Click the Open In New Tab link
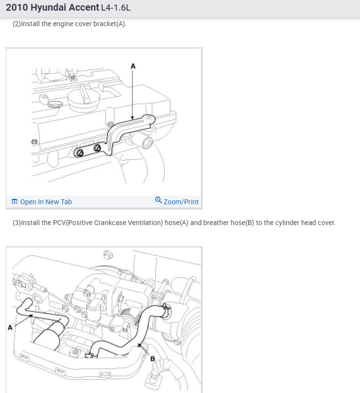click(x=46, y=202)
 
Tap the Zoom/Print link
click(x=181, y=202)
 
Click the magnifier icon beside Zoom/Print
click(x=158, y=200)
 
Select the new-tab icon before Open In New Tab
click(x=15, y=201)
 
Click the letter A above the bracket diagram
click(x=133, y=66)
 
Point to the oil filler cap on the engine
click(x=83, y=99)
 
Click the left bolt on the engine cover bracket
click(x=80, y=152)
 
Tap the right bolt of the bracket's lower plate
click(x=97, y=148)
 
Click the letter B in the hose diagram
click(x=153, y=359)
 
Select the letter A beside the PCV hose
click(x=10, y=327)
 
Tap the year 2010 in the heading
click(x=17, y=8)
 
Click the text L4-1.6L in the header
click(x=116, y=8)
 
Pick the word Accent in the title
click(x=84, y=8)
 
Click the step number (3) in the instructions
click(x=16, y=223)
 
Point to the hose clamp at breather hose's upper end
click(x=166, y=307)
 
